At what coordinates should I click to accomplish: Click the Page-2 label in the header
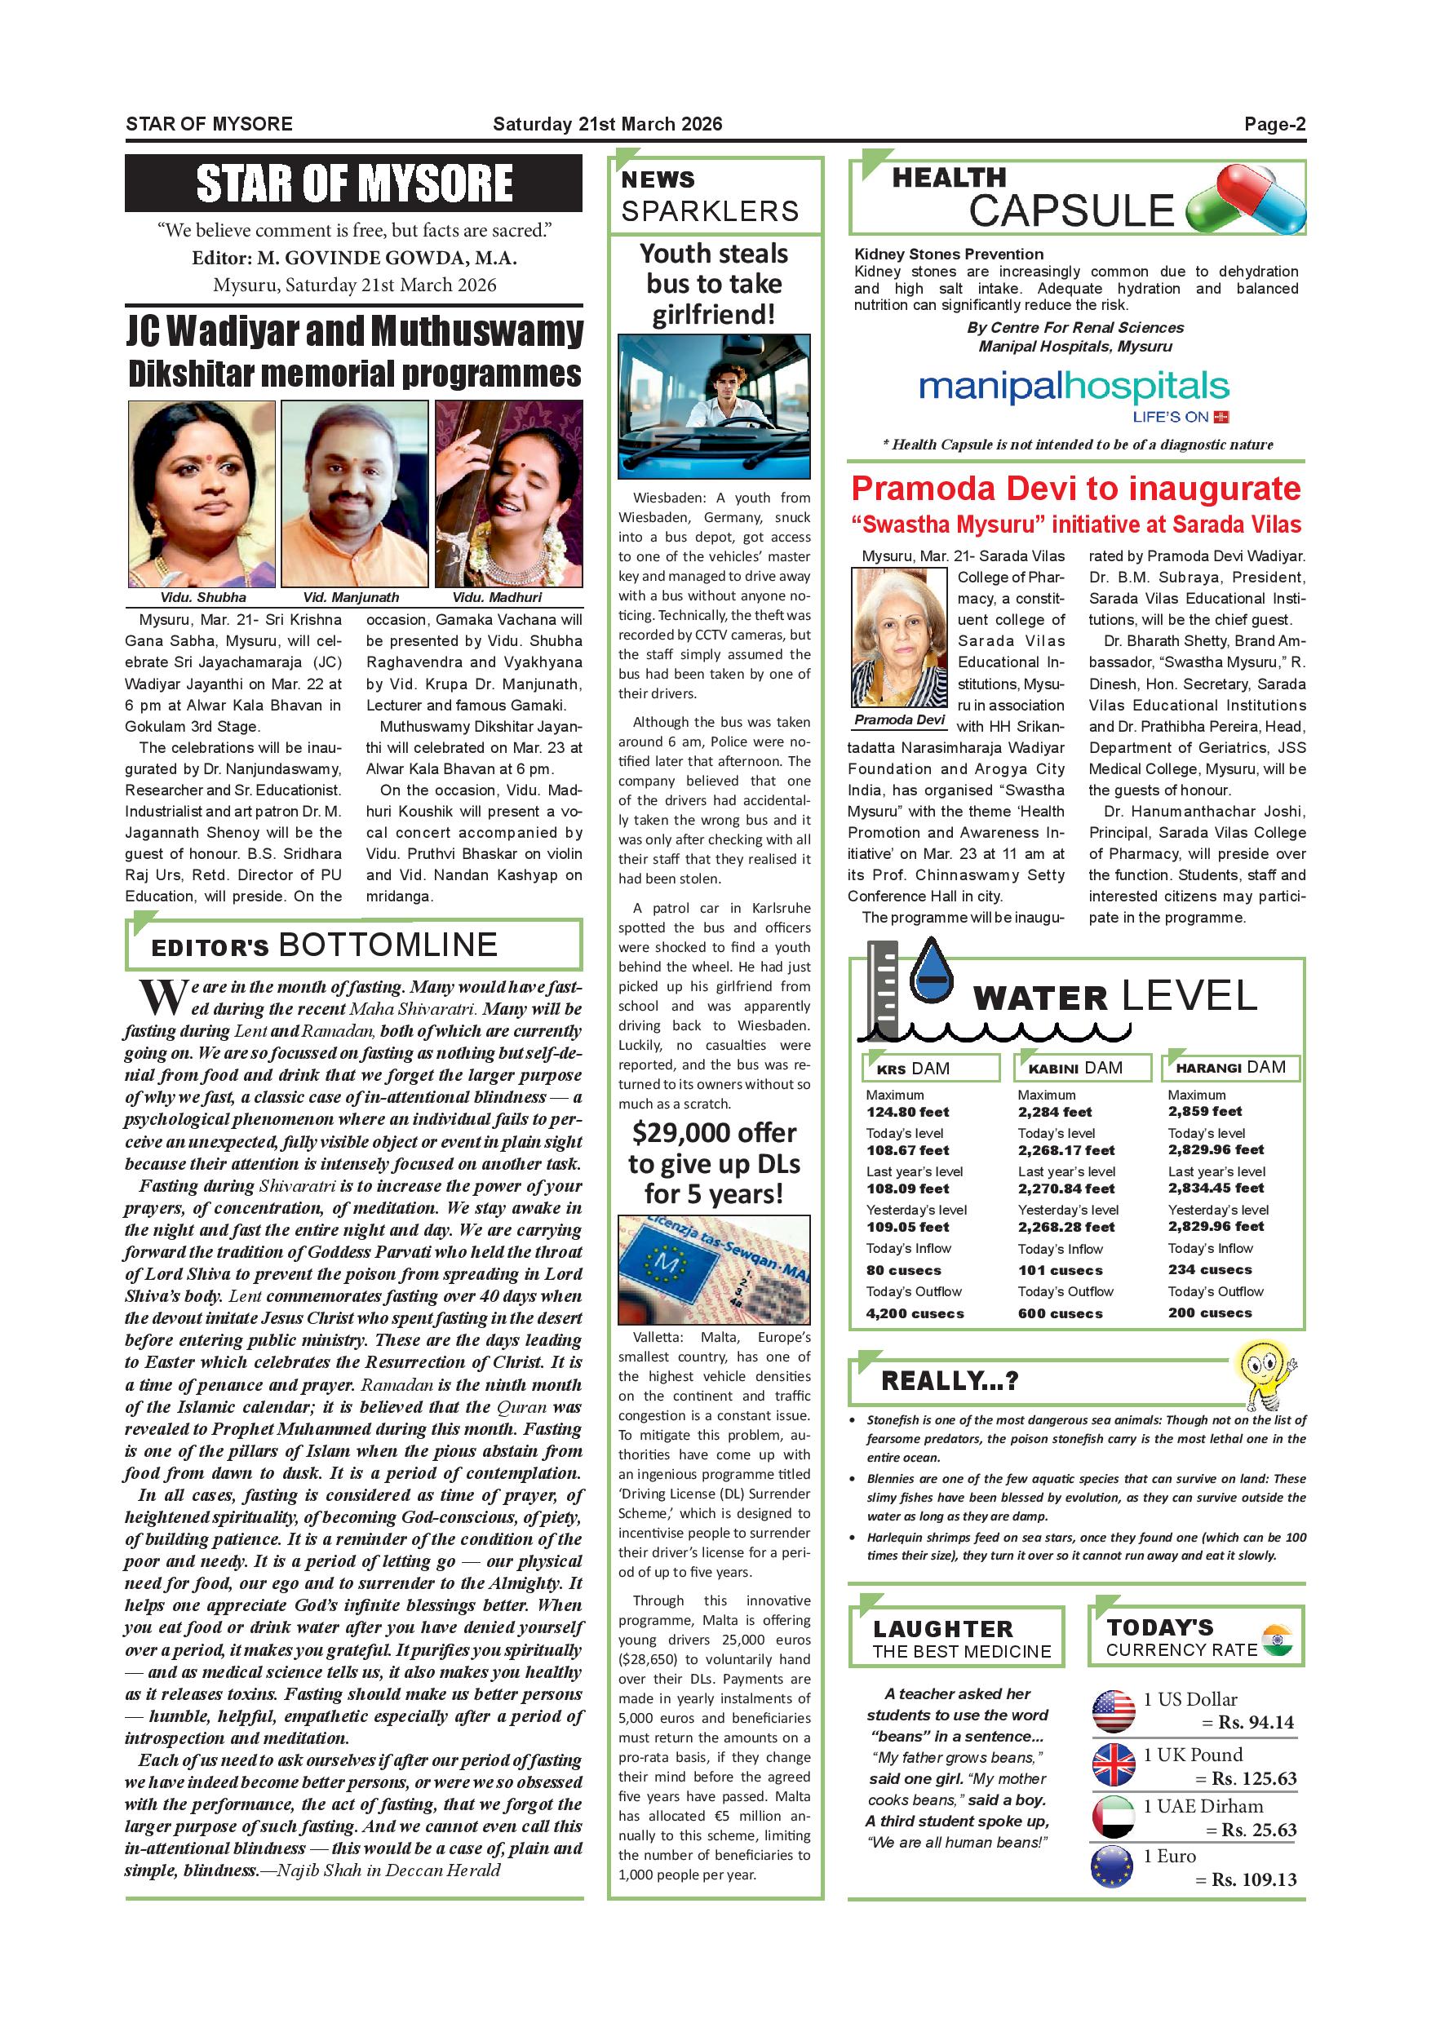pyautogui.click(x=1274, y=124)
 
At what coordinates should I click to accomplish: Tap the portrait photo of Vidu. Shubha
pyautogui.click(x=202, y=494)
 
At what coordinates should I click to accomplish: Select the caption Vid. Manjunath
pyautogui.click(x=351, y=597)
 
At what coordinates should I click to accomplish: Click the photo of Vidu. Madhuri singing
pyautogui.click(x=508, y=494)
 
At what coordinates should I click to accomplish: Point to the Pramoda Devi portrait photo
pyautogui.click(x=898, y=636)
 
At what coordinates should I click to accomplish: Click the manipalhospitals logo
pyautogui.click(x=1074, y=388)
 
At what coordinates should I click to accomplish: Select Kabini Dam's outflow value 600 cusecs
pyautogui.click(x=1060, y=1313)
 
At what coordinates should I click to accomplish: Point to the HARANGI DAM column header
pyautogui.click(x=1231, y=1067)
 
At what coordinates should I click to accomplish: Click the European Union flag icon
pyautogui.click(x=1113, y=1866)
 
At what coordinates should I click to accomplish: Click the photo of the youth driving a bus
pyautogui.click(x=714, y=406)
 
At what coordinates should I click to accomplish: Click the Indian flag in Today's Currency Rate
pyautogui.click(x=1277, y=1640)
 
